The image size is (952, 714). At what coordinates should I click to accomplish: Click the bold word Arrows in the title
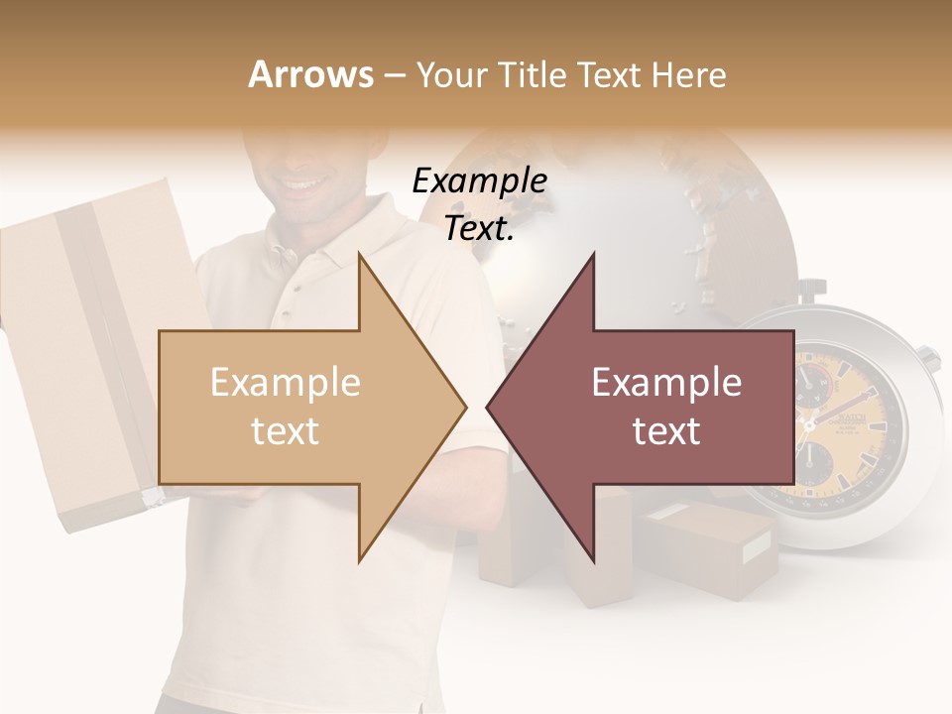click(x=310, y=74)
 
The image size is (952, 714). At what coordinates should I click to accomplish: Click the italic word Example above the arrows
click(x=479, y=181)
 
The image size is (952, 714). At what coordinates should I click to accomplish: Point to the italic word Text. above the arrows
click(x=479, y=229)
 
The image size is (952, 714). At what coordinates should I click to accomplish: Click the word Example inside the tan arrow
click(x=286, y=383)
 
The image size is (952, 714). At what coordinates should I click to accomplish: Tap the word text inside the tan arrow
click(x=286, y=430)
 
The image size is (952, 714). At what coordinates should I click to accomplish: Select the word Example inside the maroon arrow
click(x=666, y=383)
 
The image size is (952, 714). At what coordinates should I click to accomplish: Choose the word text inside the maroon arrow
click(x=666, y=430)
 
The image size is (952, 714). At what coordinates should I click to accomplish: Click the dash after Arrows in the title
click(x=394, y=75)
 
